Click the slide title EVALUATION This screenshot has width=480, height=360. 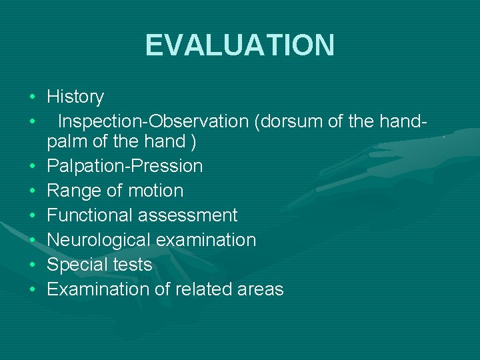[x=239, y=45]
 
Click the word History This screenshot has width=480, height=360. [x=75, y=97]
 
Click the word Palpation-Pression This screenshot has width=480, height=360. [x=125, y=166]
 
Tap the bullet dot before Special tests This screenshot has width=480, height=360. [x=32, y=265]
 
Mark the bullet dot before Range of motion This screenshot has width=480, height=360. [x=32, y=191]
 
